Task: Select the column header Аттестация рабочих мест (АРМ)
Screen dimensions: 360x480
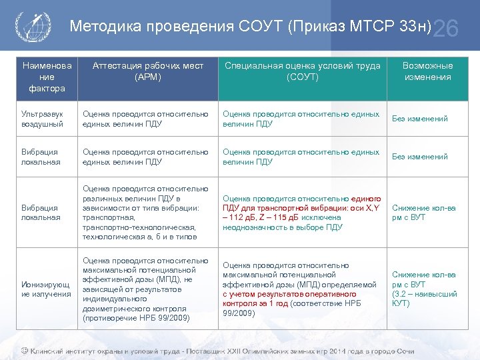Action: click(x=147, y=71)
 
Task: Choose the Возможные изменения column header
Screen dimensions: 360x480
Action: click(x=427, y=71)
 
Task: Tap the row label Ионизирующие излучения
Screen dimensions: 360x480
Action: click(x=46, y=289)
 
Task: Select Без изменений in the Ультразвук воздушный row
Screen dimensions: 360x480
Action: click(x=420, y=119)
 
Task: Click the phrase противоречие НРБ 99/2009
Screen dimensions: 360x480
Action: click(x=136, y=318)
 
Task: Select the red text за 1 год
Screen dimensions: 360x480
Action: click(x=276, y=303)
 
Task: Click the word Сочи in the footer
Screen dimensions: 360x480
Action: click(x=404, y=351)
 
